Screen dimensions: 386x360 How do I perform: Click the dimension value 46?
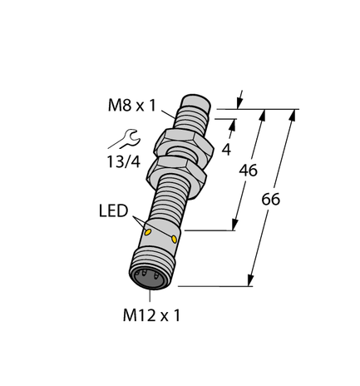[247, 171]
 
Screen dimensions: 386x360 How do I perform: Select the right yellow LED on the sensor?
[175, 242]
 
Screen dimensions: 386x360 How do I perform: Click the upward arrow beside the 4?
[232, 126]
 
